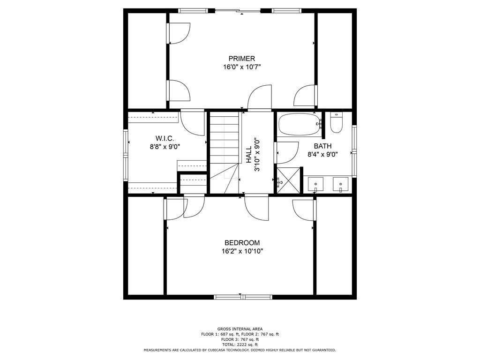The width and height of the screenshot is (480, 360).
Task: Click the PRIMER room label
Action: coord(241,59)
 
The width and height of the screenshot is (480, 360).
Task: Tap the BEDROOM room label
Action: coord(242,243)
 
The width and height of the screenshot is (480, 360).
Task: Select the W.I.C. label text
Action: coord(165,138)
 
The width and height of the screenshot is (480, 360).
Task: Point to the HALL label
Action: coord(248,154)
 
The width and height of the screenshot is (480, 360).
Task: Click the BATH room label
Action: coord(322,146)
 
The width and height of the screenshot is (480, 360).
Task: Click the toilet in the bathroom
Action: coord(336,123)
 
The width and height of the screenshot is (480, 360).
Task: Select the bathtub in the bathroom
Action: coord(300,124)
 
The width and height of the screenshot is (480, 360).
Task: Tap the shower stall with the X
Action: coord(289,180)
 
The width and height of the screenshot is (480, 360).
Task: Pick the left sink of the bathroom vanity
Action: coord(315,184)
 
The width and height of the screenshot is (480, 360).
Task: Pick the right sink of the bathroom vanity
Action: coord(340,184)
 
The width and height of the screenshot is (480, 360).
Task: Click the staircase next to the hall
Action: coord(224,152)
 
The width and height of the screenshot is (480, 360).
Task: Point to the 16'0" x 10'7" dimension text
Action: coord(242,67)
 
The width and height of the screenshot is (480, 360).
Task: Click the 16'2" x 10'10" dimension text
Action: coord(242,251)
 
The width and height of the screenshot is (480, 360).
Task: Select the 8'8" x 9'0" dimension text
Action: coord(165,147)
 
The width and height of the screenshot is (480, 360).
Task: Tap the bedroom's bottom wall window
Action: coord(243,297)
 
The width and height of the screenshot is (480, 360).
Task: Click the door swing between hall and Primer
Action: coord(260,97)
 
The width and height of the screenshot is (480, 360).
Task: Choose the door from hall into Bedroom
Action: coord(256,207)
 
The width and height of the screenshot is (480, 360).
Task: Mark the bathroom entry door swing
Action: coord(287,153)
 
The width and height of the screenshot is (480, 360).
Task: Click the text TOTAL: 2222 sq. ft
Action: coord(240,345)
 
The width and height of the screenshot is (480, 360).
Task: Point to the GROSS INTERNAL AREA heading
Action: coord(240,329)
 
